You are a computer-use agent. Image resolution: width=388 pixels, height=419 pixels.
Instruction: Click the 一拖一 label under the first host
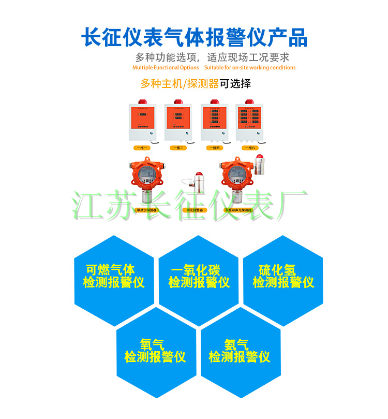[x=142, y=148]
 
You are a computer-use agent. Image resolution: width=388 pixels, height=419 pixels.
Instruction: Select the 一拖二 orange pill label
[x=178, y=148]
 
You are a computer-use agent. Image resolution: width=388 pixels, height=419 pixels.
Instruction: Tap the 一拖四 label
[x=214, y=148]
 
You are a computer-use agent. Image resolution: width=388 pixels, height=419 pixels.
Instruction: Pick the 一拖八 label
[x=249, y=148]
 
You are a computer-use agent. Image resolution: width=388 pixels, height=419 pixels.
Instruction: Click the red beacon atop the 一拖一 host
[x=142, y=102]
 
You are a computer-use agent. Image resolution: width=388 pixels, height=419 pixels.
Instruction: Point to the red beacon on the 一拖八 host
[x=250, y=102]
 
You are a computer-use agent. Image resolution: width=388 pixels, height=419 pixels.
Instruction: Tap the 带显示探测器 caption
[x=145, y=210]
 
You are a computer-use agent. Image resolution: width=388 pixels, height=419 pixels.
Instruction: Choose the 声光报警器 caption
[x=195, y=210]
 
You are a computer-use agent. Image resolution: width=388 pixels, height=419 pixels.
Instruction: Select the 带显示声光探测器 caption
[x=237, y=210]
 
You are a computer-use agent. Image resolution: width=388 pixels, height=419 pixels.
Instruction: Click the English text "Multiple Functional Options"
[x=166, y=68]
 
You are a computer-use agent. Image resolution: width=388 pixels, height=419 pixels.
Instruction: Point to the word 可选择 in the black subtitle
[x=235, y=83]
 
